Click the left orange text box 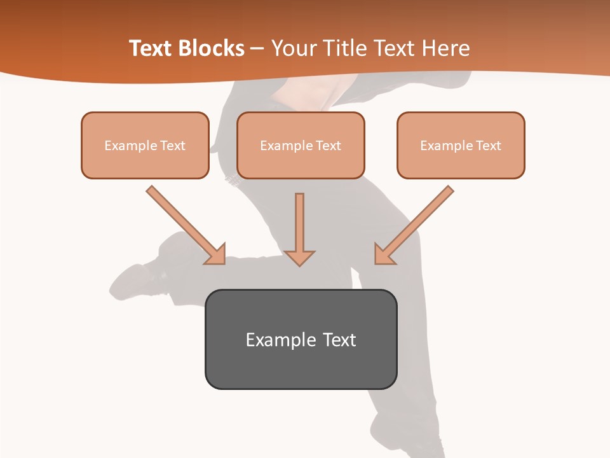point(145,145)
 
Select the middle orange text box point(301,145)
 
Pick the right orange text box point(461,145)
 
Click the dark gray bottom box point(301,339)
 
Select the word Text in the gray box point(339,340)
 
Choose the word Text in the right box point(489,146)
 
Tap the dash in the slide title point(257,49)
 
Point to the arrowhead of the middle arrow point(299,257)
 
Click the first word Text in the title point(152,48)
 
